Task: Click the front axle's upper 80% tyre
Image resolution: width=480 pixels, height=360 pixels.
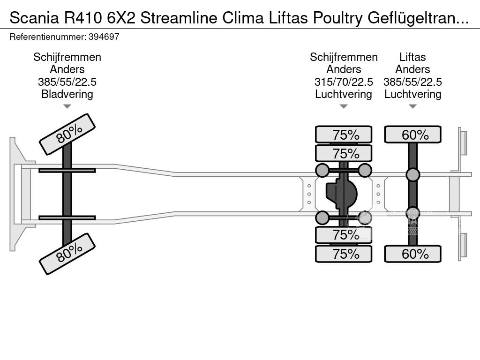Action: tap(67, 134)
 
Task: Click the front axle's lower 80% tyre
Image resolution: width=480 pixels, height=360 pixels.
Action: tap(67, 254)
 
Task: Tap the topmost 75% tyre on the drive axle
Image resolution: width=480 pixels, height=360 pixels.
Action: tap(344, 135)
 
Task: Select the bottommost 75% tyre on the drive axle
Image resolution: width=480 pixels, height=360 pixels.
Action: tap(344, 254)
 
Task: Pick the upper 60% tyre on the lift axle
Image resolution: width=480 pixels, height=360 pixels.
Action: tap(412, 135)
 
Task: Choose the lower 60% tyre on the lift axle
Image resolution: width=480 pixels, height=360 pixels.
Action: tap(412, 254)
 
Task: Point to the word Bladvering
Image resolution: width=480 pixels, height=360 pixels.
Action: tap(67, 94)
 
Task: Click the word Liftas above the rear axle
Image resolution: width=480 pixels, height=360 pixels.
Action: tap(412, 57)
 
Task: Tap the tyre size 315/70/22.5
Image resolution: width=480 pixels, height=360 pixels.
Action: tap(344, 82)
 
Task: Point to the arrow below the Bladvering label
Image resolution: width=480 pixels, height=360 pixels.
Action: tap(67, 106)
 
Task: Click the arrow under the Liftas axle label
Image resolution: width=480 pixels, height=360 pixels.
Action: tap(412, 106)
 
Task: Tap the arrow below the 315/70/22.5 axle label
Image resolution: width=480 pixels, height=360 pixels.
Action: tap(344, 106)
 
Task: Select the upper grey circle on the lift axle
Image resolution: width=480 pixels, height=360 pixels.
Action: tap(412, 175)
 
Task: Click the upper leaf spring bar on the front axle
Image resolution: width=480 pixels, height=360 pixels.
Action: tap(67, 170)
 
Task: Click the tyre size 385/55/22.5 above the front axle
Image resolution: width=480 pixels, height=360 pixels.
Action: tap(67, 82)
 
